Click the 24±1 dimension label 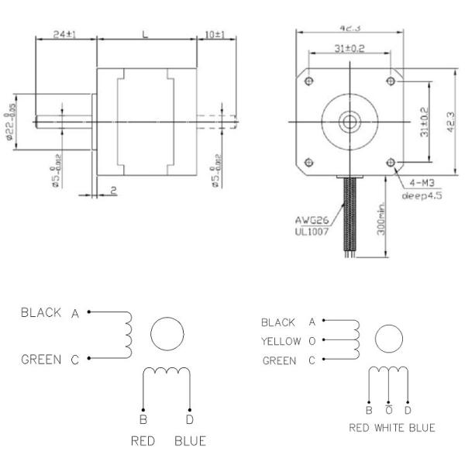coord(66,35)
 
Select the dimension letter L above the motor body coord(145,34)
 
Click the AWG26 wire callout coord(311,220)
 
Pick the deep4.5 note coord(422,196)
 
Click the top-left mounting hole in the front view coord(310,81)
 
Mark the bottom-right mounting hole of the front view coord(390,161)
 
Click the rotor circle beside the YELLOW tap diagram coord(389,339)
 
